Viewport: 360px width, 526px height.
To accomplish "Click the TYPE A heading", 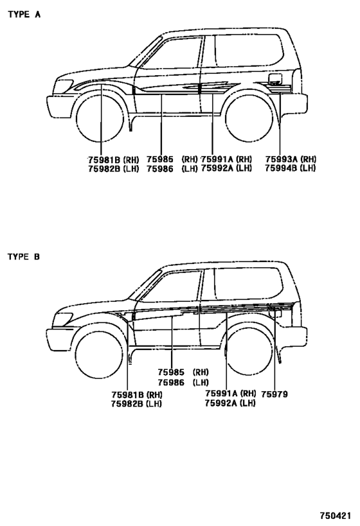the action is tap(24, 14).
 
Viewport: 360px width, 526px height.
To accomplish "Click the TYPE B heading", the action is tap(24, 257).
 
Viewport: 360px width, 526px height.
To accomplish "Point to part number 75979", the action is tap(274, 394).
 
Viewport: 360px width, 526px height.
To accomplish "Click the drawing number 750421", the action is tap(335, 515).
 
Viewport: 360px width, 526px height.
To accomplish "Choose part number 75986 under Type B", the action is tap(171, 382).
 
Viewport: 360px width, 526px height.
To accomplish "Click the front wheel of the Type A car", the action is tap(100, 119).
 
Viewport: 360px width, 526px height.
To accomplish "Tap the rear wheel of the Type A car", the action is tap(249, 118).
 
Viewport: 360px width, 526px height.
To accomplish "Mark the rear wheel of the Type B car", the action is tap(249, 351).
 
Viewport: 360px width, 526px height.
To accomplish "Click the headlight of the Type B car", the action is tap(62, 319).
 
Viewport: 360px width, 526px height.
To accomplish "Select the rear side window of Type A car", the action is tap(249, 50).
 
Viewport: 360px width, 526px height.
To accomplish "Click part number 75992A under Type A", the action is tap(217, 168).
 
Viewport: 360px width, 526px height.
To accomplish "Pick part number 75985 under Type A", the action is tap(160, 159).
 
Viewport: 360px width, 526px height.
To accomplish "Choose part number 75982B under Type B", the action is tap(128, 403).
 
